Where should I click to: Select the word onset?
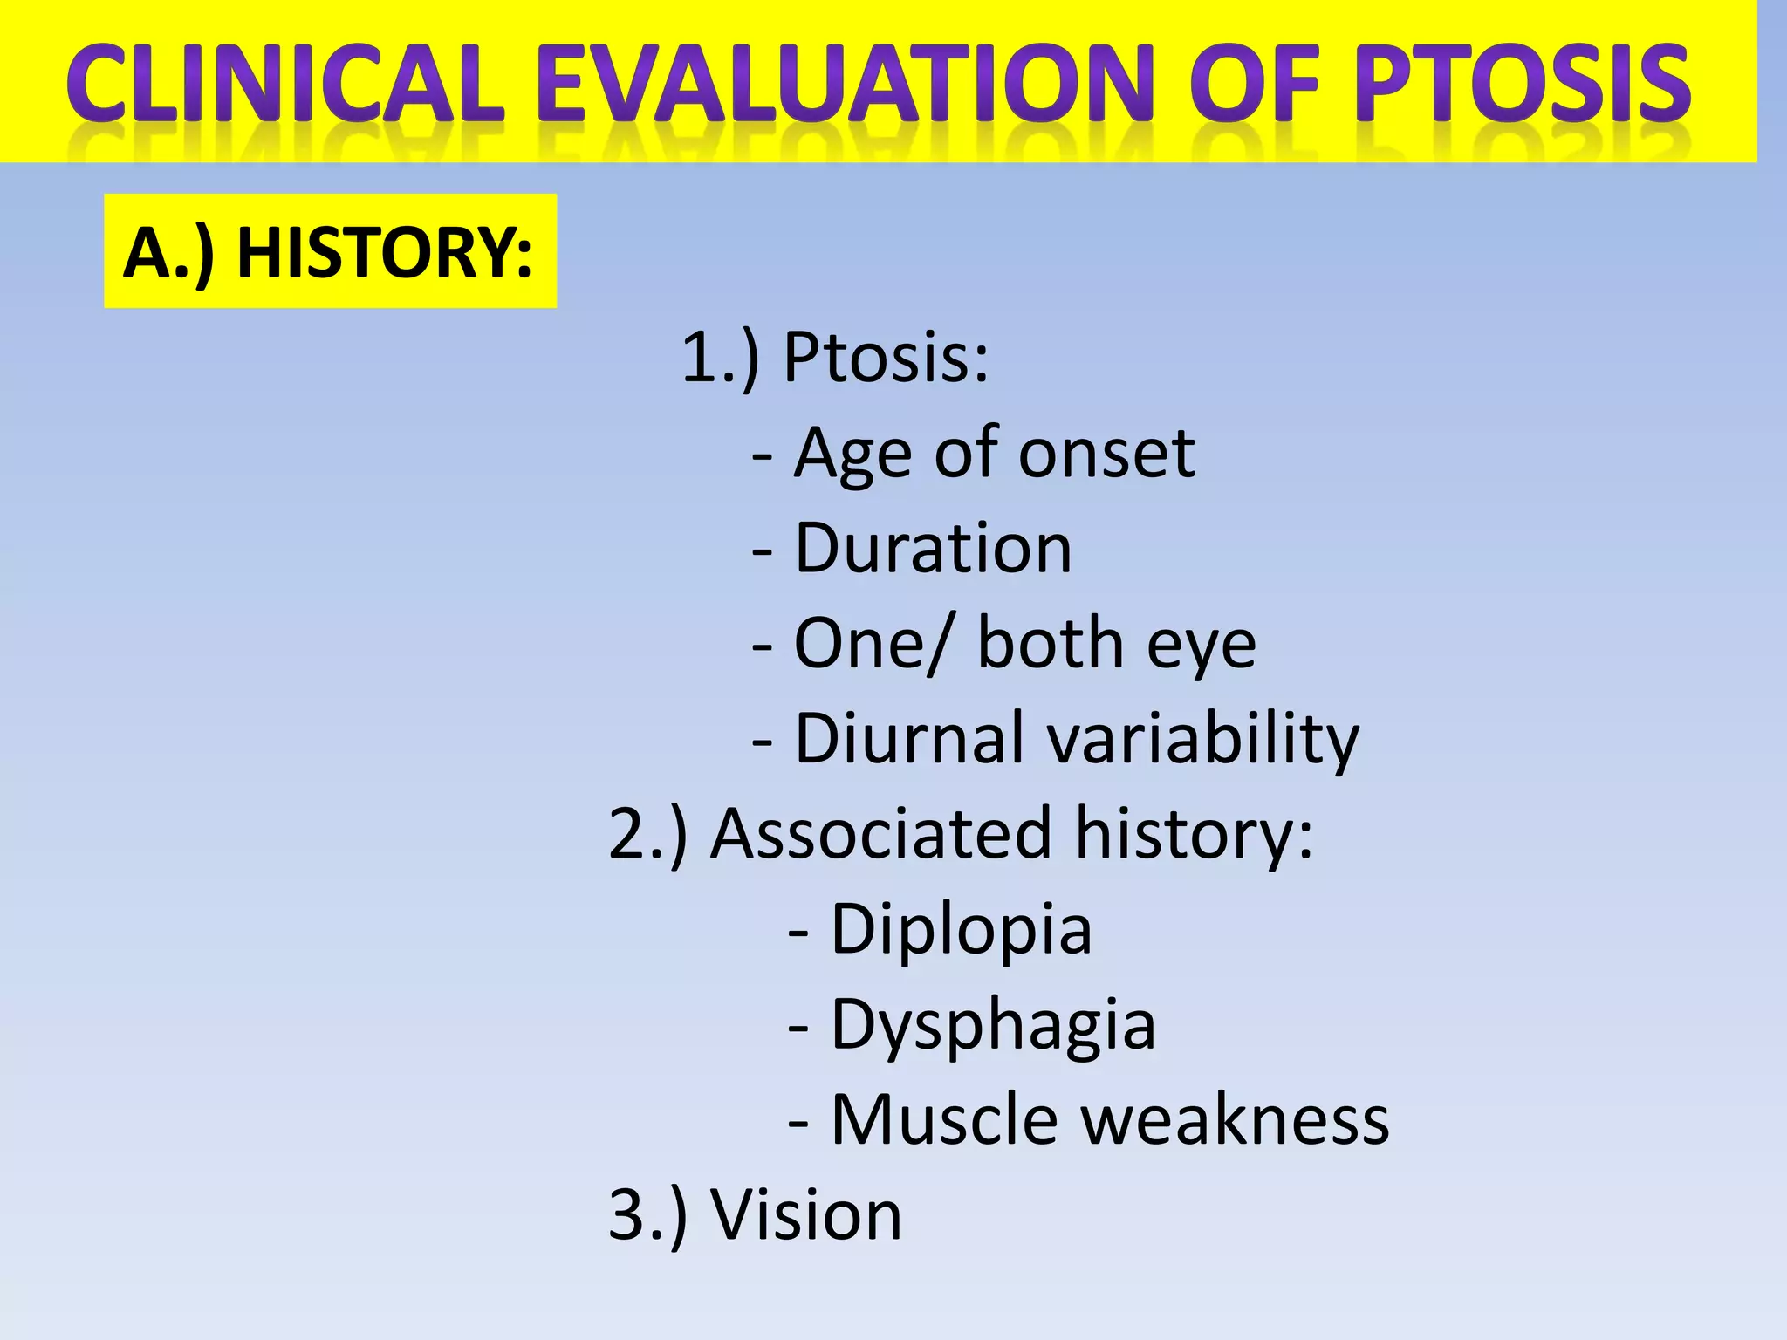[x=1106, y=454]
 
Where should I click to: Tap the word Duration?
[x=932, y=549]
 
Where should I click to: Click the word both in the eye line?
[x=1050, y=644]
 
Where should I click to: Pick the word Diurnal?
[x=908, y=739]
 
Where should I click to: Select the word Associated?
[x=881, y=834]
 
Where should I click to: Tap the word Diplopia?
[x=961, y=930]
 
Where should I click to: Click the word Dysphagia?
[x=993, y=1025]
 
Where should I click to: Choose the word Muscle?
[x=944, y=1120]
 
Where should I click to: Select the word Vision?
[x=805, y=1215]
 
